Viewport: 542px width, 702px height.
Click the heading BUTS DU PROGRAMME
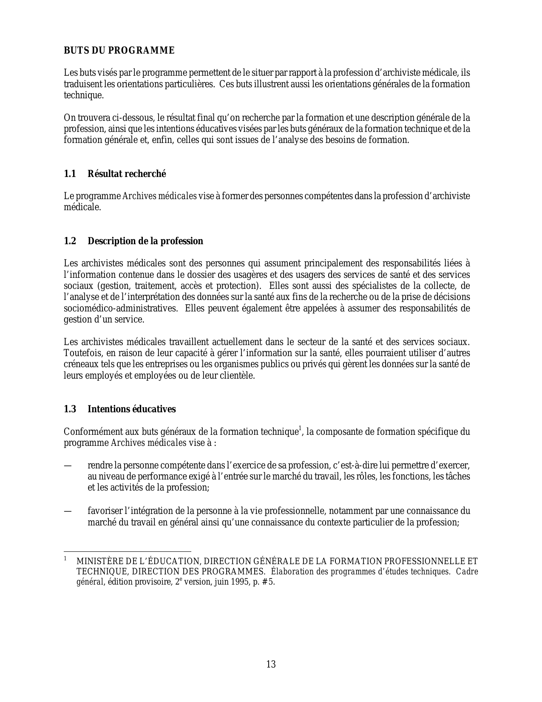click(x=119, y=51)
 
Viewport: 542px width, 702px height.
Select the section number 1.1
click(x=70, y=174)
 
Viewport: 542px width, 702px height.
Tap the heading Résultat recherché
click(x=127, y=174)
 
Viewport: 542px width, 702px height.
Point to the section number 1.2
click(x=70, y=241)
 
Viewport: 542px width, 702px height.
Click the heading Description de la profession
click(x=145, y=241)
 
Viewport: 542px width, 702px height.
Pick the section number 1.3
click(x=70, y=409)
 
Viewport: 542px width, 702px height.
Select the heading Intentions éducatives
click(x=132, y=409)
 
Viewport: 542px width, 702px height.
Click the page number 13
click(x=271, y=664)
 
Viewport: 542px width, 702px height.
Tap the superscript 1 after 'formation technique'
click(x=300, y=428)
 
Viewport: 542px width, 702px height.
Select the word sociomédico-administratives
click(x=120, y=308)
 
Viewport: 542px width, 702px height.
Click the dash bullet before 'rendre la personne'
click(x=67, y=465)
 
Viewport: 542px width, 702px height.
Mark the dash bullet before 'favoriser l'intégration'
click(x=67, y=511)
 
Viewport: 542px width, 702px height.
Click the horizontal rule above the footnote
click(x=128, y=551)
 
